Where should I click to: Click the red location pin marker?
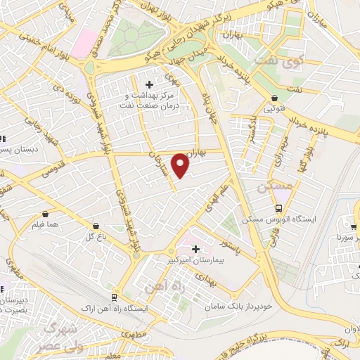point(181,165)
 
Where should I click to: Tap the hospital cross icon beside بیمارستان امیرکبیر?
point(195,248)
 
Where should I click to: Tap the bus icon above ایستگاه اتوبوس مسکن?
point(279,208)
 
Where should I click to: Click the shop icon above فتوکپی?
point(274,98)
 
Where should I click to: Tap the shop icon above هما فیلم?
point(46,213)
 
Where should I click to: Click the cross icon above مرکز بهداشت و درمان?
point(149,84)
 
